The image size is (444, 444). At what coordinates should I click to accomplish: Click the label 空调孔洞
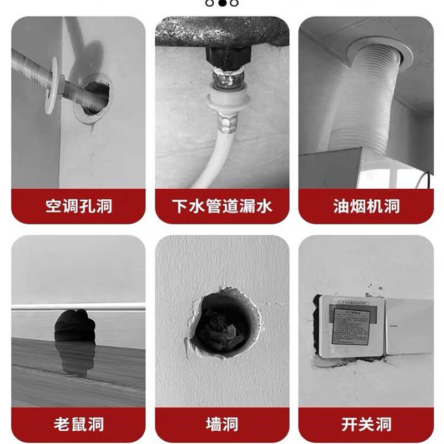coord(78,206)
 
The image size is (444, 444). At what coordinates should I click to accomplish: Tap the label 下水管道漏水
coord(221,206)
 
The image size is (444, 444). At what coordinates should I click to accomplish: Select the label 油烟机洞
coord(366,206)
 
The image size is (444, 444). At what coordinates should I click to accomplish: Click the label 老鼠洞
coord(78,425)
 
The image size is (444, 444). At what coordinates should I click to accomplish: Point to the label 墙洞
coord(221,425)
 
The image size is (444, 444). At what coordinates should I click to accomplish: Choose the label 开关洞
coord(366,425)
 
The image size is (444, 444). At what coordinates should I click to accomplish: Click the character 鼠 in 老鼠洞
coord(78,425)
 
